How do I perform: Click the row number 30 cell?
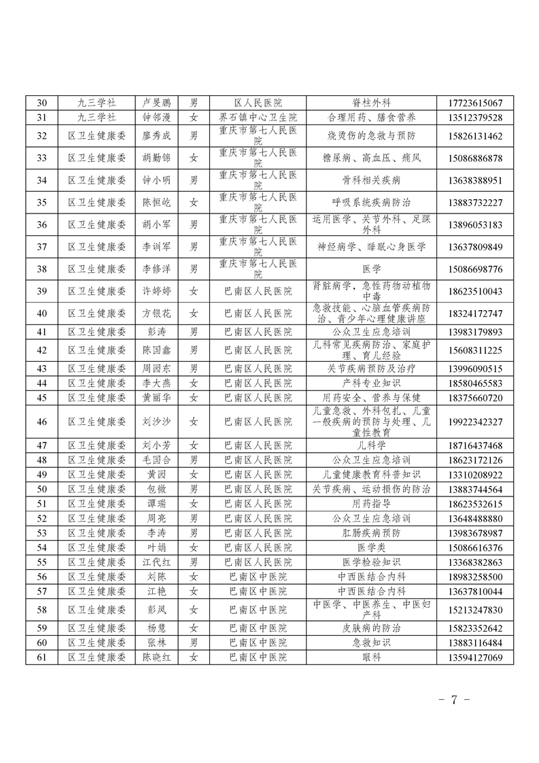pyautogui.click(x=41, y=103)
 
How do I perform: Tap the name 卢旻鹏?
pyautogui.click(x=156, y=103)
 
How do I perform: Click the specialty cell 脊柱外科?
pyautogui.click(x=371, y=103)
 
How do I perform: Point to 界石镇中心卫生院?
pyautogui.click(x=258, y=116)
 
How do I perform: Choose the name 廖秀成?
pyautogui.click(x=156, y=136)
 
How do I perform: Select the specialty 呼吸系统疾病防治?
pyautogui.click(x=371, y=203)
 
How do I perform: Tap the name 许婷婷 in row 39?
pyautogui.click(x=156, y=291)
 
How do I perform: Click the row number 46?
pyautogui.click(x=41, y=422)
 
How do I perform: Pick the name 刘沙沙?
pyautogui.click(x=156, y=422)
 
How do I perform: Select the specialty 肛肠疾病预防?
pyautogui.click(x=371, y=533)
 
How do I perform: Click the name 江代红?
pyautogui.click(x=156, y=562)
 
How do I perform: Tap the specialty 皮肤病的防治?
pyautogui.click(x=371, y=628)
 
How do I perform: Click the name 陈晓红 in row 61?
pyautogui.click(x=156, y=658)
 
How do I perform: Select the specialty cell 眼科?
pyautogui.click(x=371, y=658)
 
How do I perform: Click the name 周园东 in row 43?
pyautogui.click(x=156, y=369)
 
